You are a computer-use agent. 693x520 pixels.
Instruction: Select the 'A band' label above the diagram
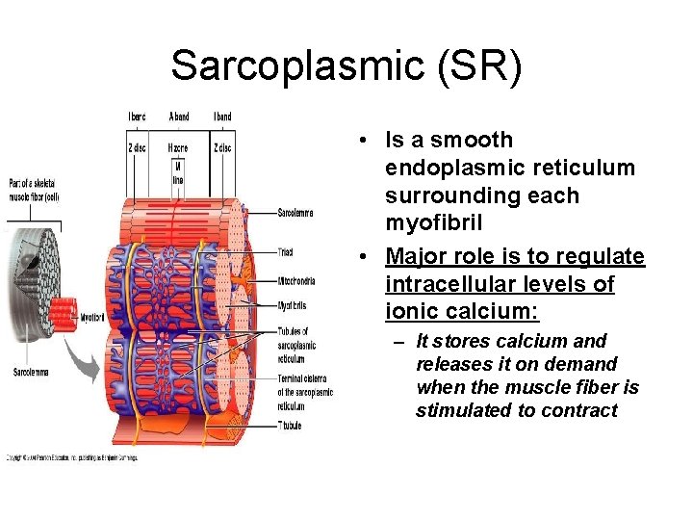(x=179, y=117)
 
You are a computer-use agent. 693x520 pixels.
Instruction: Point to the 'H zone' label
(x=178, y=148)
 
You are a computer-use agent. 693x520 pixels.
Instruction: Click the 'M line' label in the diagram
(x=178, y=173)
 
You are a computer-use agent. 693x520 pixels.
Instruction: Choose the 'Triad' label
(x=285, y=252)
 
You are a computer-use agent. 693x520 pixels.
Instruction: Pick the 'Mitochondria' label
(x=296, y=282)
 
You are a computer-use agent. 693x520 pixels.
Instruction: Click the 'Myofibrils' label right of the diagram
(x=292, y=305)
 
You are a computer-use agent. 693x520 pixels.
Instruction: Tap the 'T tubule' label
(x=290, y=425)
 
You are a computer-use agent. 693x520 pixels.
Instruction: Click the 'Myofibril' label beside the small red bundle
(x=92, y=317)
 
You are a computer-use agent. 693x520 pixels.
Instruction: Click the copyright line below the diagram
(x=73, y=457)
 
